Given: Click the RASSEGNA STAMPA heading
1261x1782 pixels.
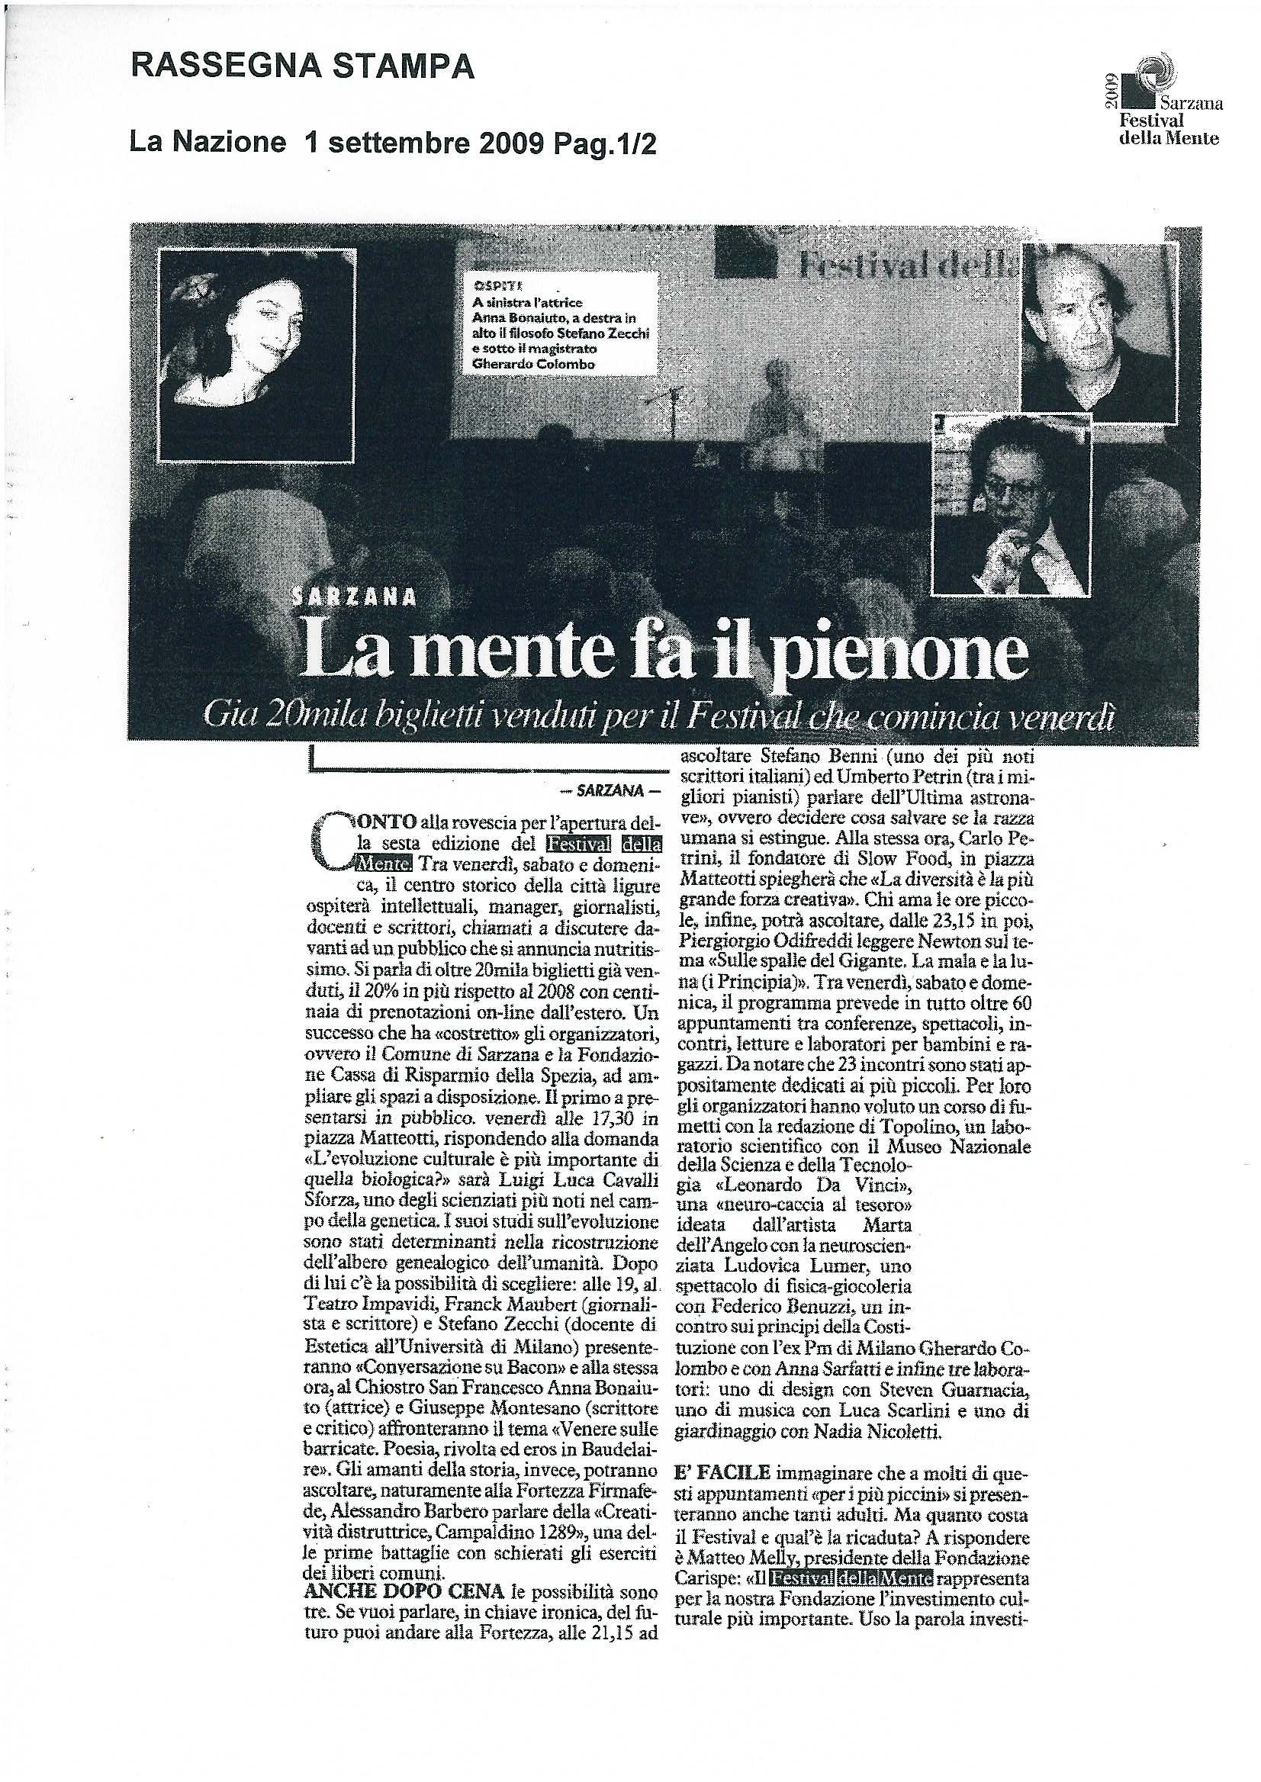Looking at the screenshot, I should coord(302,67).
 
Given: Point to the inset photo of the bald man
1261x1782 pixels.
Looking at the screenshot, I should coord(1099,327).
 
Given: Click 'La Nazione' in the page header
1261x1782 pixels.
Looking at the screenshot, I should coord(208,143).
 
